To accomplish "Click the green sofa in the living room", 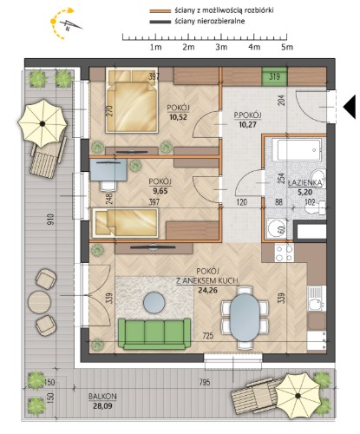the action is [154, 333].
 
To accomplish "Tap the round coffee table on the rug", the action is [154, 303].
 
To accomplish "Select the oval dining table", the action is [245, 318].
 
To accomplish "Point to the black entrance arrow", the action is [350, 107].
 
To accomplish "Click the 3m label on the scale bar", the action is [221, 47].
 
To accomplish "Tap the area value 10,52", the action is [179, 117].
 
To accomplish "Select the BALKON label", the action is [102, 397].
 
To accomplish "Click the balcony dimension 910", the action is [50, 220].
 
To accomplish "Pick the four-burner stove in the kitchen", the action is [284, 253].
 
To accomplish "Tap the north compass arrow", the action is [71, 25].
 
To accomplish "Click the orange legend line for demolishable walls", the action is [160, 11].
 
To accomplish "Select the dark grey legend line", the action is [160, 22].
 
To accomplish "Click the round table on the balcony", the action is [40, 302].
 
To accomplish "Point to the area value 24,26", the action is [207, 290].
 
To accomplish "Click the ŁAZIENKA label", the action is [304, 183].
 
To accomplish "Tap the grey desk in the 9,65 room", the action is [108, 170].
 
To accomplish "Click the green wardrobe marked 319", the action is [274, 76].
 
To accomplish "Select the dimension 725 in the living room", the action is [208, 336].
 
